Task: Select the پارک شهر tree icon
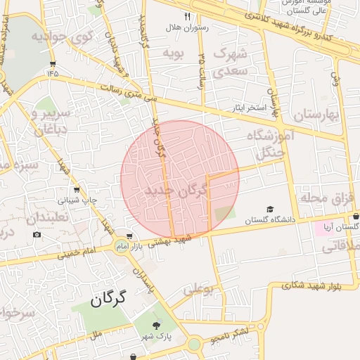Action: (157, 325)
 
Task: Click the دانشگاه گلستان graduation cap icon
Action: (270, 210)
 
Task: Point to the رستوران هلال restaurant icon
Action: (187, 15)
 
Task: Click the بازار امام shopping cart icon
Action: (129, 236)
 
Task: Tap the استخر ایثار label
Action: (251, 108)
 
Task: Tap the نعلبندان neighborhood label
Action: (53, 219)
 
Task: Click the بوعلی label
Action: (198, 288)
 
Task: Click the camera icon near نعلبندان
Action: (37, 234)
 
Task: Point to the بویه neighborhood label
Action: (173, 53)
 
